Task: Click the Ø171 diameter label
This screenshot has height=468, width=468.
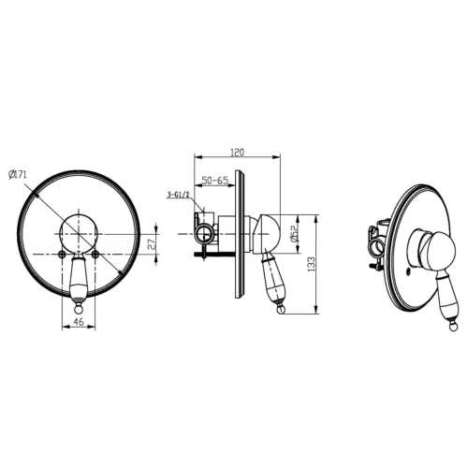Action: (x=18, y=174)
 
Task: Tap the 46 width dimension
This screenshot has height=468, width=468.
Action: (x=79, y=321)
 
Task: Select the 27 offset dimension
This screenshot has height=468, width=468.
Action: (x=151, y=244)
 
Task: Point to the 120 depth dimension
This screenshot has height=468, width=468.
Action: (x=237, y=153)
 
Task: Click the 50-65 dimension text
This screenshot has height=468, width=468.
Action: (x=215, y=181)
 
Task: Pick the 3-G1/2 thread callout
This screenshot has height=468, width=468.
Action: (x=179, y=196)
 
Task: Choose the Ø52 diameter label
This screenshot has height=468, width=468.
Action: (x=294, y=234)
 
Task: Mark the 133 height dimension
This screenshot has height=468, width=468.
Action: (x=312, y=264)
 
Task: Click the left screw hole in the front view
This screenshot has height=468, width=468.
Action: (x=62, y=255)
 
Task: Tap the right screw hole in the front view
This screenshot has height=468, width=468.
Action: (x=95, y=255)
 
